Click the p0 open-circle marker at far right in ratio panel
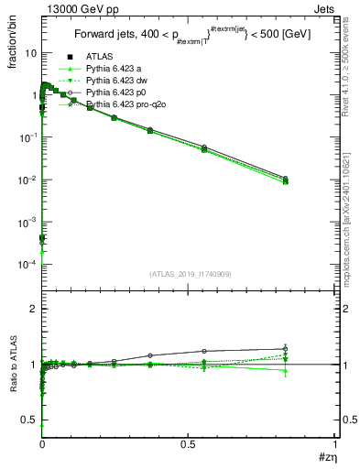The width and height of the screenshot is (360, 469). click(286, 349)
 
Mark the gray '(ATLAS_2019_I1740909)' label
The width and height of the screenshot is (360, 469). click(188, 273)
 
